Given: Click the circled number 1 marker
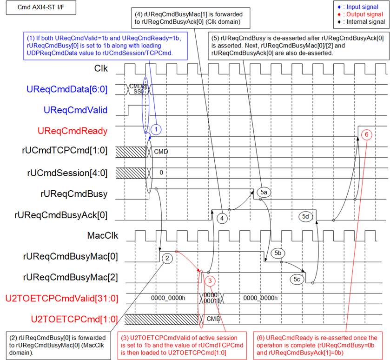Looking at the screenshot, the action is pyautogui.click(x=156, y=129).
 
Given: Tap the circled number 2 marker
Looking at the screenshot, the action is pyautogui.click(x=167, y=258).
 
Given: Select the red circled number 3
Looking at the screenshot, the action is pyautogui.click(x=210, y=281).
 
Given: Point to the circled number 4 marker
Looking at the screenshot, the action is pyautogui.click(x=222, y=219).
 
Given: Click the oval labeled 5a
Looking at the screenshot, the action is pyautogui.click(x=264, y=192).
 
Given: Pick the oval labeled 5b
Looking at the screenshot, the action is pyautogui.click(x=278, y=253).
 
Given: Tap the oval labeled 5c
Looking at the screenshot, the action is pyautogui.click(x=297, y=279).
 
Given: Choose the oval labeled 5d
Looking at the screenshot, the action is pyautogui.click(x=305, y=216).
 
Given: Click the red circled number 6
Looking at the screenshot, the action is pyautogui.click(x=366, y=134).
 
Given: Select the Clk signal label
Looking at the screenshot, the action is pyautogui.click(x=101, y=68).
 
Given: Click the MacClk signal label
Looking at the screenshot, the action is pyautogui.click(x=102, y=235).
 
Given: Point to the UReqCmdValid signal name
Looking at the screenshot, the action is pyautogui.click(x=75, y=110).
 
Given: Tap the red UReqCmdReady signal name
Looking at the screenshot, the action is pyautogui.click(x=73, y=131).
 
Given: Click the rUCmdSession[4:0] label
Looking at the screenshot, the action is pyautogui.click(x=67, y=173).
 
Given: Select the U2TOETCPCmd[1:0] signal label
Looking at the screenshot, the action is pyautogui.click(x=74, y=319).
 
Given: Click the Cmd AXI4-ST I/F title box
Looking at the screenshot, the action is pyautogui.click(x=41, y=7).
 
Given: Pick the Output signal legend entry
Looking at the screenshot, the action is pyautogui.click(x=360, y=14).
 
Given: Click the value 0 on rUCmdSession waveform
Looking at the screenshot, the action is pyautogui.click(x=161, y=173).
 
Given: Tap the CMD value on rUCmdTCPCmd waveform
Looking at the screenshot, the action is pyautogui.click(x=161, y=152).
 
